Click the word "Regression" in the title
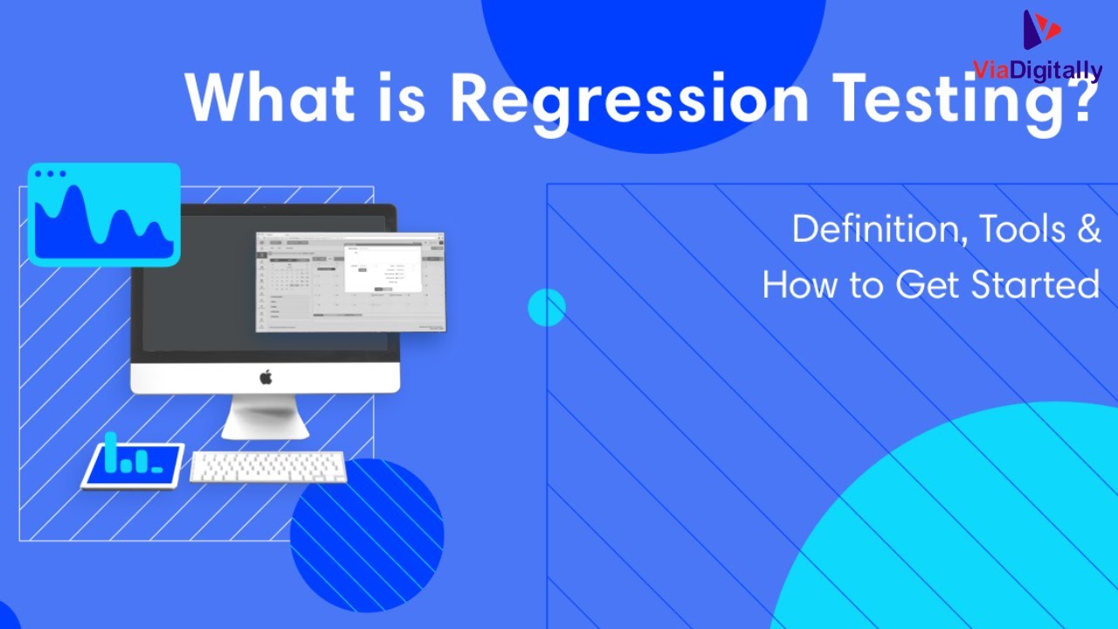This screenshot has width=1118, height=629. coord(629,98)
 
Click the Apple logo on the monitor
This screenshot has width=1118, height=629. coord(266,377)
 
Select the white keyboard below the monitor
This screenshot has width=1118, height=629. coord(268,467)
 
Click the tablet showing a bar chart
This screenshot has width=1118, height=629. coord(133,465)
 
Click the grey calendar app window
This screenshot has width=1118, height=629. coord(349,281)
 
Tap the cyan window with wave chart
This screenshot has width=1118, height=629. coord(104,214)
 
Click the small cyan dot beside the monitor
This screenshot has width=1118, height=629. coord(547,308)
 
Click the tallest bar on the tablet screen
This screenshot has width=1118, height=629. coord(111,451)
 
